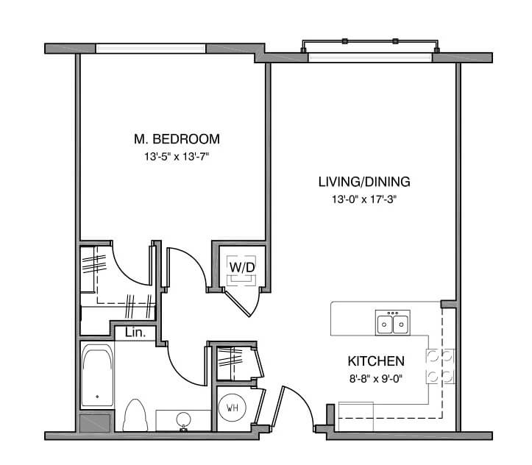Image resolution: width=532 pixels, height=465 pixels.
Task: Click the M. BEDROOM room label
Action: pyautogui.click(x=177, y=139)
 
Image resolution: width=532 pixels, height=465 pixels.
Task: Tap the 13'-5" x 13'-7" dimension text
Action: pyautogui.click(x=177, y=157)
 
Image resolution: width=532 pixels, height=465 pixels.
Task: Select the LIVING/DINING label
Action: pyautogui.click(x=364, y=182)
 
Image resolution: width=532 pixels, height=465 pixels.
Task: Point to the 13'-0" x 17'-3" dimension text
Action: pyautogui.click(x=364, y=199)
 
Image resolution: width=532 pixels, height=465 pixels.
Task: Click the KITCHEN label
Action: pyautogui.click(x=376, y=361)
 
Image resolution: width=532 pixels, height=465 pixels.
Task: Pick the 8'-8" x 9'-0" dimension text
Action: pyautogui.click(x=376, y=378)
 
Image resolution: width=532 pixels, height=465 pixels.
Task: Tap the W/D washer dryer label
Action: pyautogui.click(x=241, y=267)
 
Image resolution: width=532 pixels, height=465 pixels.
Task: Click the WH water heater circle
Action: pyautogui.click(x=233, y=408)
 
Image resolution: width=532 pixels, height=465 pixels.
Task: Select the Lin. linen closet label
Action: pyautogui.click(x=135, y=333)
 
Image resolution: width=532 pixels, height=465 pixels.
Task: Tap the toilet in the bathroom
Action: pyautogui.click(x=135, y=416)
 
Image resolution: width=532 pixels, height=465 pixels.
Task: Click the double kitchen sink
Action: pyautogui.click(x=392, y=322)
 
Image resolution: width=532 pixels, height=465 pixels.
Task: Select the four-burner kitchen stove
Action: pyautogui.click(x=440, y=366)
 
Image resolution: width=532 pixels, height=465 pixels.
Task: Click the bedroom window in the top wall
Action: pyautogui.click(x=151, y=49)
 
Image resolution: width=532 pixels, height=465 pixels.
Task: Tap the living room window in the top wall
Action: pyautogui.click(x=370, y=57)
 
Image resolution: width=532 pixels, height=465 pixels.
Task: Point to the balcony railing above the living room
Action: pyautogui.click(x=370, y=41)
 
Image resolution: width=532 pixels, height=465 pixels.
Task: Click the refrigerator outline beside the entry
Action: pyautogui.click(x=356, y=416)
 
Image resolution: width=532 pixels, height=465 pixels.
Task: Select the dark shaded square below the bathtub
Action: pyautogui.click(x=95, y=423)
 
